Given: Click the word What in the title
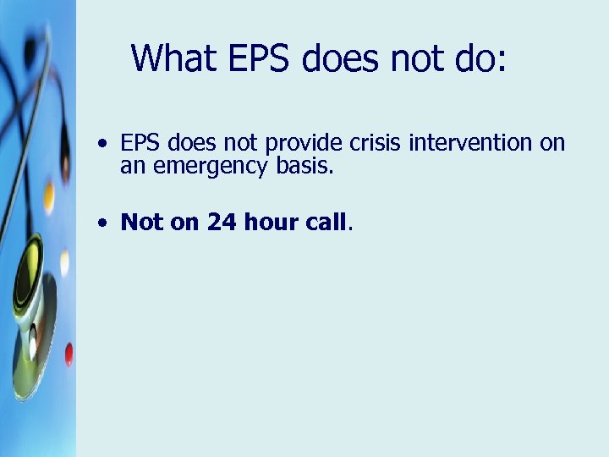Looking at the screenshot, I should [x=167, y=58].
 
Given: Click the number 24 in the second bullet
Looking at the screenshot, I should [x=222, y=223].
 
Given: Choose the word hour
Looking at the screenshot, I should [x=272, y=223].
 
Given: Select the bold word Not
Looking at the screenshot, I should [x=140, y=223].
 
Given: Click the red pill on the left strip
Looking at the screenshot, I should [x=69, y=353].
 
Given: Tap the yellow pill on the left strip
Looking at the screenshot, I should [x=49, y=198].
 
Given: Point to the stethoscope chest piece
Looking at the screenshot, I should [x=31, y=279].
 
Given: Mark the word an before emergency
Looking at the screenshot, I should [x=131, y=166].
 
